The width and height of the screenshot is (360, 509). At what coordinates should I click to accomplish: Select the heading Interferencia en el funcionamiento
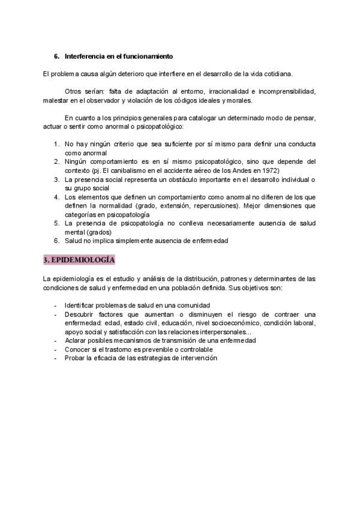tap(119, 56)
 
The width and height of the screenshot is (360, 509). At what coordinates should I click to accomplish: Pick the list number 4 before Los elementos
tap(56, 196)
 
